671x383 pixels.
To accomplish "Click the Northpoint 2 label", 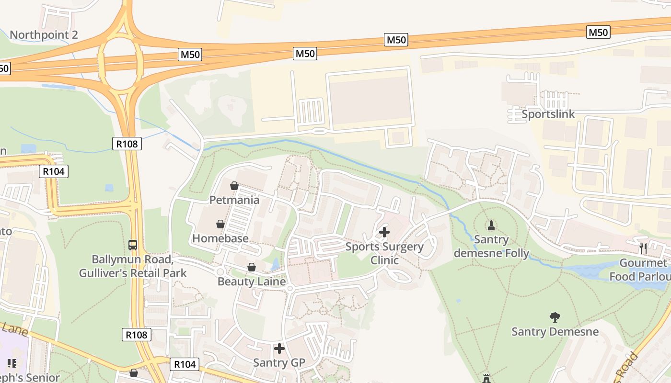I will tap(44, 35).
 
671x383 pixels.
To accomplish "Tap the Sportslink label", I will tap(548, 114).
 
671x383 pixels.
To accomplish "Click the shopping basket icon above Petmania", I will tap(234, 186).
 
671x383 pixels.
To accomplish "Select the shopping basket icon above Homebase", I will tap(220, 224).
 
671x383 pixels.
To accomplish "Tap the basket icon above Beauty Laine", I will tap(252, 267).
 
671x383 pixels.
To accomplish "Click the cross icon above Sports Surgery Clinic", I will tap(384, 232).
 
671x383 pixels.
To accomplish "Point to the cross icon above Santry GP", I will tap(279, 349).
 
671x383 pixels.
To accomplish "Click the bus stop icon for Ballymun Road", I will tap(133, 245).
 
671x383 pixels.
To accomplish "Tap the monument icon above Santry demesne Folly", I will tap(491, 225).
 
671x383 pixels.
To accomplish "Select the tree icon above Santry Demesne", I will tap(555, 317).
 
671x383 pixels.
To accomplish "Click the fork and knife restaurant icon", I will tap(643, 248).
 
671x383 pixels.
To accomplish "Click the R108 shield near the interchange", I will tap(127, 143).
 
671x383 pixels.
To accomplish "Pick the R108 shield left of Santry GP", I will tap(137, 335).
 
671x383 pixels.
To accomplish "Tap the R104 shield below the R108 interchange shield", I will tap(54, 171).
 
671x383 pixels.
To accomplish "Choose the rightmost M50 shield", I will tap(598, 32).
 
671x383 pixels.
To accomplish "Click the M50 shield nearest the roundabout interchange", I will tap(190, 55).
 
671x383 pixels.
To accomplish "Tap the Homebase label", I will tap(220, 238).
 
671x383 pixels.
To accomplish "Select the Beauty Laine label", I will tap(252, 282).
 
